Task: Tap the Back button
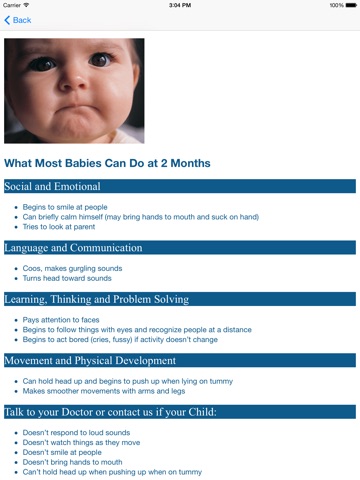coord(18,20)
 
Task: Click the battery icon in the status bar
coord(351,5)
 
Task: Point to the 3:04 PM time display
coord(180,5)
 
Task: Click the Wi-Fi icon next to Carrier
coord(26,5)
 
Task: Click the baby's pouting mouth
coord(76,110)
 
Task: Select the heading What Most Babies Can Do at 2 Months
coord(107,163)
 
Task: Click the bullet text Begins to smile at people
coord(65,207)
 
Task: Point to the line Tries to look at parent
coord(59,227)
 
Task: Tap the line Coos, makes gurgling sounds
coord(72,268)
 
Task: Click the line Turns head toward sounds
coord(67,278)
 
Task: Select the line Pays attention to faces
coord(61,320)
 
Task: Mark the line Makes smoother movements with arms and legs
coord(104,391)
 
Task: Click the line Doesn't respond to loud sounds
coord(76,432)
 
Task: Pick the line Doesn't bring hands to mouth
coord(72,462)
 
